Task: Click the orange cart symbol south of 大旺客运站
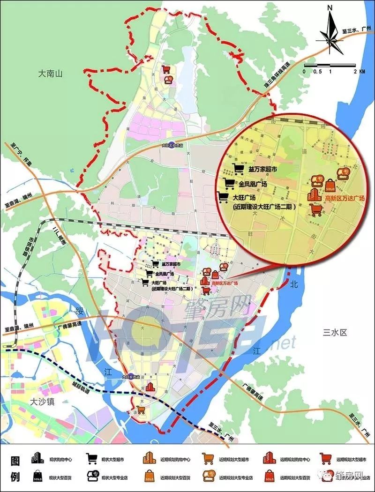[x=141, y=410]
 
